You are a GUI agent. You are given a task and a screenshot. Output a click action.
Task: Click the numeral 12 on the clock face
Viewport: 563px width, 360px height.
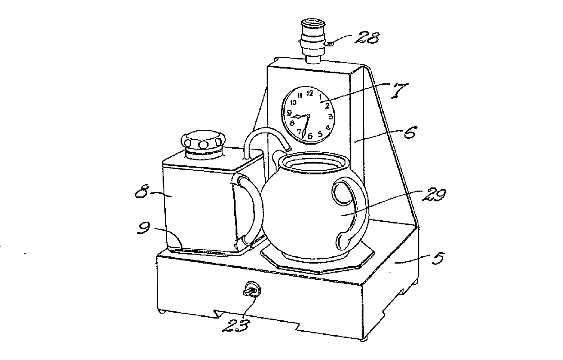(x=310, y=93)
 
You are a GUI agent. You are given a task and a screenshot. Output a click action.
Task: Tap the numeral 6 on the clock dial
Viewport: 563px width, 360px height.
(x=310, y=135)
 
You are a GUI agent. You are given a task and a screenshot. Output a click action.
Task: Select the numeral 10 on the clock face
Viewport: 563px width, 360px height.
(x=293, y=102)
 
